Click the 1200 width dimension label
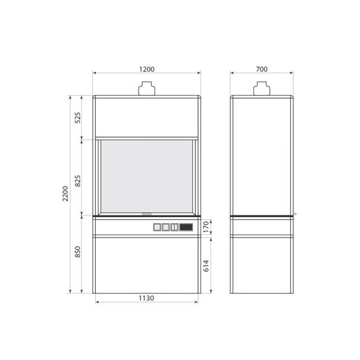[147, 69]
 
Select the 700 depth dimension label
[261, 69]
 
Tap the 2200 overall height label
[65, 194]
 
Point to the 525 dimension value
[78, 118]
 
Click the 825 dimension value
[78, 181]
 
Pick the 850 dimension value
[78, 252]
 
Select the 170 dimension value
[205, 227]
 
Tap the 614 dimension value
[205, 266]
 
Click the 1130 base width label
[146, 298]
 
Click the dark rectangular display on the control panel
[186, 227]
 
